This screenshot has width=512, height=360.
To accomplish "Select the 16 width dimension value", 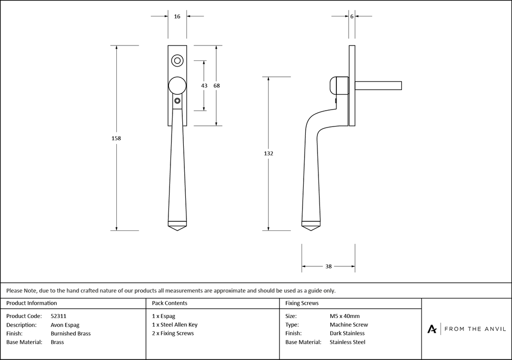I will click(x=177, y=17).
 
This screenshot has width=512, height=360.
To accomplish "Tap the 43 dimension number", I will click(x=204, y=86).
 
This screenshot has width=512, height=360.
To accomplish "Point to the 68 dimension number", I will click(x=217, y=86).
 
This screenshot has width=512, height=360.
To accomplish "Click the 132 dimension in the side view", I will click(x=268, y=154).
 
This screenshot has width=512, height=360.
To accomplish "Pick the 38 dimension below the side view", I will click(x=328, y=266).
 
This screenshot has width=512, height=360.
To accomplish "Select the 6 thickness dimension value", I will click(x=352, y=17).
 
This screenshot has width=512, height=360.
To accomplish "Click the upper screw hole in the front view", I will click(x=178, y=61).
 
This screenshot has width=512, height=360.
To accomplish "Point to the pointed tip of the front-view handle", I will click(x=178, y=231).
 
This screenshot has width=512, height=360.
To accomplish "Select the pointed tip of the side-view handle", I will click(x=311, y=231).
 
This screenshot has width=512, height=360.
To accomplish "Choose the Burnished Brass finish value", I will click(x=71, y=333).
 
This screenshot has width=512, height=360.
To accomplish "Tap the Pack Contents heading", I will click(x=169, y=303).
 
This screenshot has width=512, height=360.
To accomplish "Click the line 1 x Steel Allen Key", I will click(x=175, y=325).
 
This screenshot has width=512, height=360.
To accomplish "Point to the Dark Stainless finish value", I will click(x=347, y=333).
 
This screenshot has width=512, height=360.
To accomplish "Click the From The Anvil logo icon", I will click(x=432, y=329).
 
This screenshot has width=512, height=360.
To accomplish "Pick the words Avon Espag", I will click(x=65, y=325).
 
